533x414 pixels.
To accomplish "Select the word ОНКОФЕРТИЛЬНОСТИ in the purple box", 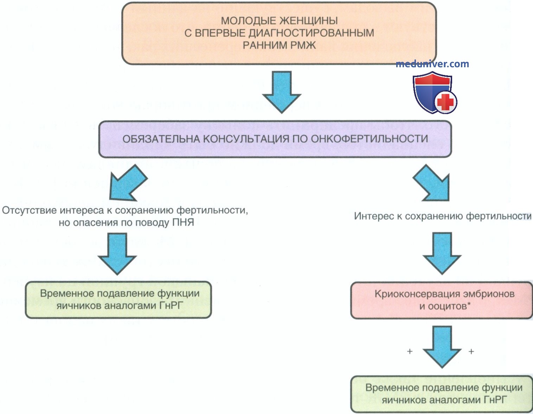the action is tap(370, 139).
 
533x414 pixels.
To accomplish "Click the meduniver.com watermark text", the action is tap(432, 64).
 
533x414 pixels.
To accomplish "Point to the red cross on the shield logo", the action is tap(445, 102).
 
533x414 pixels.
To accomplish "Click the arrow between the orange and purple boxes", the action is tap(282, 92).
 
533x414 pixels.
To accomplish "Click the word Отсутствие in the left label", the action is tap(30, 211).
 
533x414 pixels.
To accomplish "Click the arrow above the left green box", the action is tap(117, 254).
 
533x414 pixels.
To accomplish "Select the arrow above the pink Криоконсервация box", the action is tap(442, 253).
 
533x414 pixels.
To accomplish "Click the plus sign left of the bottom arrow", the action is tap(410, 351).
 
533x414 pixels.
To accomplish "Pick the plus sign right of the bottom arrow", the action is tap(471, 351).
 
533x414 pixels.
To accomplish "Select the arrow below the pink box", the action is tap(442, 347).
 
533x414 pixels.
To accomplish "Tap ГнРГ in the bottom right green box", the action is tap(495, 400).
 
